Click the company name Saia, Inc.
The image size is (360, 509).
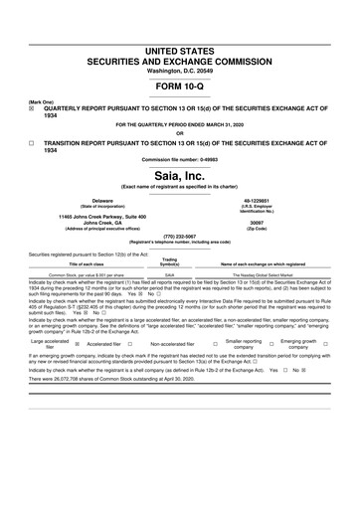pyautogui.click(x=179, y=174)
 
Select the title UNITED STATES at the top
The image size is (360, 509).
pyautogui.click(x=179, y=50)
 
